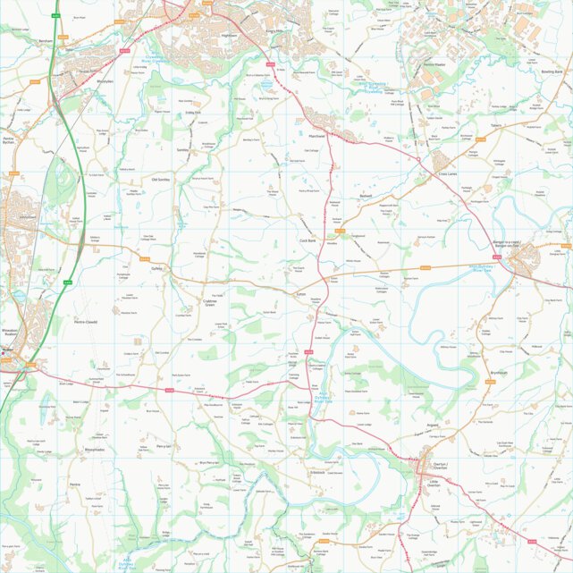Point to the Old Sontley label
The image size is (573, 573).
pos(162,179)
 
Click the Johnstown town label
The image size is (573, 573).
pos(28,216)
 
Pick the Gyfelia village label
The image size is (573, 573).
pos(158,267)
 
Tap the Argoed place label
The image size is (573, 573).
pos(433,426)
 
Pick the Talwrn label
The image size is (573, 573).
pos(496,126)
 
